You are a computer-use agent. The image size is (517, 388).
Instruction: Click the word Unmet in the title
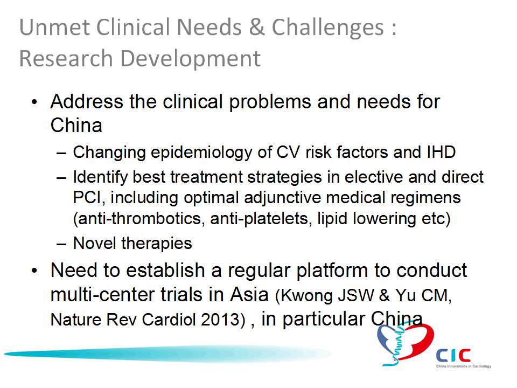coord(54,27)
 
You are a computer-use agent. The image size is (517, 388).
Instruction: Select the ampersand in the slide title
coord(256,27)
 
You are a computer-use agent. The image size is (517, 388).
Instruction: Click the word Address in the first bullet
coord(87,101)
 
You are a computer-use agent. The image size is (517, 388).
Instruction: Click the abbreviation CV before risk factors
coord(288,152)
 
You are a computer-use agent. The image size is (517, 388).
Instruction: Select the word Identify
coord(101,178)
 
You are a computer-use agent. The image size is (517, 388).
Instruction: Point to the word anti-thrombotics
coord(137,219)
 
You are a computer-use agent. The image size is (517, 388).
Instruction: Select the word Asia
coord(249,294)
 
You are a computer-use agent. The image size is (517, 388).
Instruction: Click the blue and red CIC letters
coord(453,355)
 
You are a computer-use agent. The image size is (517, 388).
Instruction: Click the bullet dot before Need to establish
coord(35,271)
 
